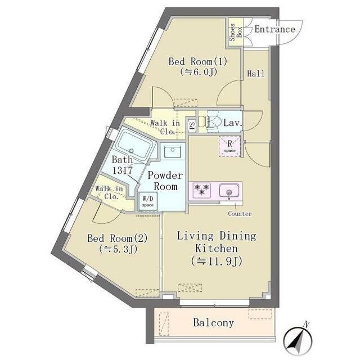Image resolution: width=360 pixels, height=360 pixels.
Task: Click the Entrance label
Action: click(274, 29)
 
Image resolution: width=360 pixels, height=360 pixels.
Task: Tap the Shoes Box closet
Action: click(235, 33)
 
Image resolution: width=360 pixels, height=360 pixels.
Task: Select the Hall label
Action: click(255, 74)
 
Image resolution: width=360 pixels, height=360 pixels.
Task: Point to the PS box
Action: click(192, 125)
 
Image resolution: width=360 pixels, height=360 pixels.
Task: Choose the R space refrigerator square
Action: click(230, 146)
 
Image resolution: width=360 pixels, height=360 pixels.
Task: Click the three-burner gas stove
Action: click(202, 190)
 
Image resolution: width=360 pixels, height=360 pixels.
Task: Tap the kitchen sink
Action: click(229, 190)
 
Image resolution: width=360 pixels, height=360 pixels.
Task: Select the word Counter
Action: click(240, 214)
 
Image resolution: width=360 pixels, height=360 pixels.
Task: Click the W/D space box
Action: click(148, 201)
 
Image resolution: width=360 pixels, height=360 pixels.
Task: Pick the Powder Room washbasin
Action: click(173, 151)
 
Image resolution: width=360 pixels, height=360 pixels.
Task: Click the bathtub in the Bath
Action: click(134, 144)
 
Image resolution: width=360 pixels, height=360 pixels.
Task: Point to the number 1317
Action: click(123, 170)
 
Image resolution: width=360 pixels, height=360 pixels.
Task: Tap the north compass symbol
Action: click(298, 339)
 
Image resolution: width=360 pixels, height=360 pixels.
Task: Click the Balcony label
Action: click(214, 322)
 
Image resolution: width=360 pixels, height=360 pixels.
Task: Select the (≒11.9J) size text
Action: click(217, 261)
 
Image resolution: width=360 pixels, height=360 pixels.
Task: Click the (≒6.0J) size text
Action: click(199, 72)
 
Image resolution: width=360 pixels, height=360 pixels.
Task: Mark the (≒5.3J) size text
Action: click(118, 249)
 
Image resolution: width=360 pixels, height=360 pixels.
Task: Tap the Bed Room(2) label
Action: click(118, 238)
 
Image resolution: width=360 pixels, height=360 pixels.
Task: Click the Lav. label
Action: click(233, 123)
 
